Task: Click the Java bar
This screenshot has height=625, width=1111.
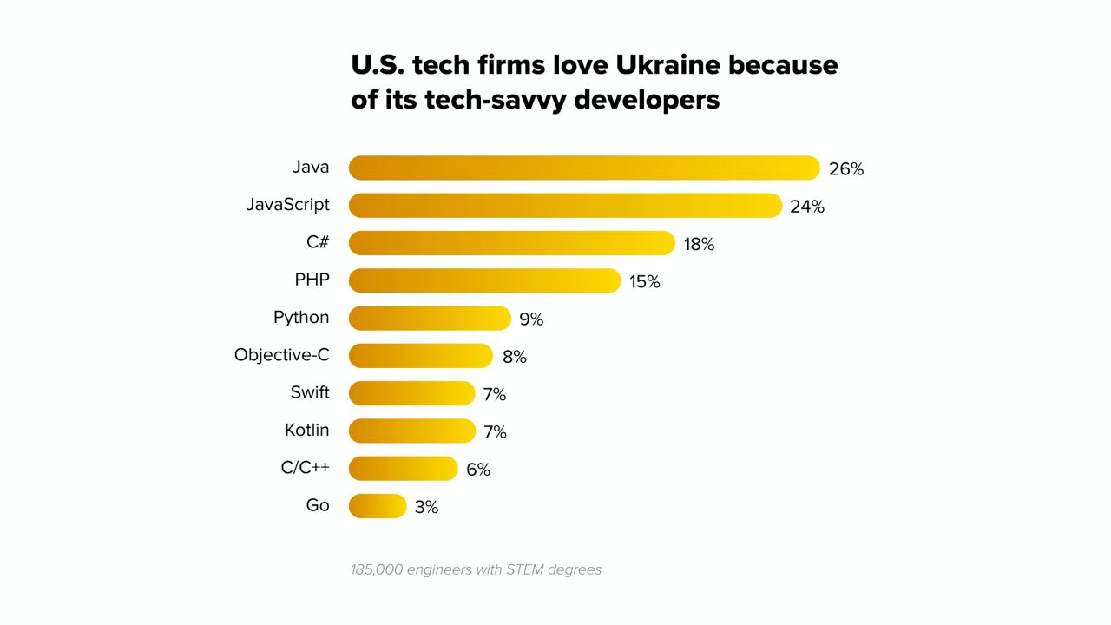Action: [583, 168]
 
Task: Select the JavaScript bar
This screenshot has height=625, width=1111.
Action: [564, 206]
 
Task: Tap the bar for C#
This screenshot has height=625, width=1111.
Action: [511, 243]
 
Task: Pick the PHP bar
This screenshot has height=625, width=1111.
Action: [484, 280]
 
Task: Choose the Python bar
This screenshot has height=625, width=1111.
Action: [430, 318]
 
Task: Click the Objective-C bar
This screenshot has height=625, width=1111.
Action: [420, 356]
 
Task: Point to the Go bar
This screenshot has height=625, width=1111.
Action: [378, 506]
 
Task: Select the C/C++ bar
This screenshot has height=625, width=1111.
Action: [403, 469]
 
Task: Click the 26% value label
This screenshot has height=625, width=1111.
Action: [846, 169]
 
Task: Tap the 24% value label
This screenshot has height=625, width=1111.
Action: [807, 207]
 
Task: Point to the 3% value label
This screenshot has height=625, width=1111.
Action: [426, 507]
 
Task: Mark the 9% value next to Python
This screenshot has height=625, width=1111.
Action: [531, 319]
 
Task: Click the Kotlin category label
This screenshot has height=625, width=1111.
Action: [307, 430]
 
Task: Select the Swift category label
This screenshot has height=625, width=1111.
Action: [310, 392]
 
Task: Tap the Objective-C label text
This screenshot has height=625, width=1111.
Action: [282, 355]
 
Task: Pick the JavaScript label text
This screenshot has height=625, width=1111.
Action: [288, 205]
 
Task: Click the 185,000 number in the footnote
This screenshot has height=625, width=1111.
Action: [377, 570]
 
